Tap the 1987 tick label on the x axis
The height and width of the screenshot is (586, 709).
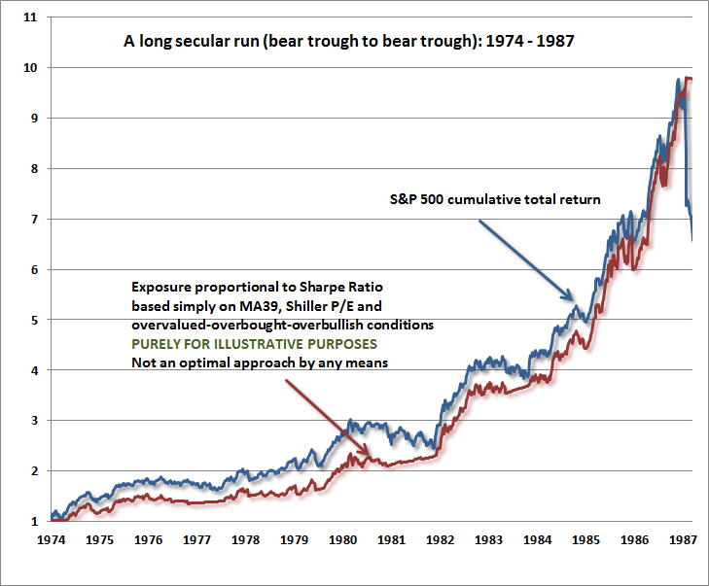[x=686, y=540]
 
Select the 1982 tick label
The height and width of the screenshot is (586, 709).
[x=441, y=540]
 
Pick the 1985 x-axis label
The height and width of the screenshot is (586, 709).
[x=587, y=540]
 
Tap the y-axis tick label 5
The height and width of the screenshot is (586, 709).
[x=31, y=320]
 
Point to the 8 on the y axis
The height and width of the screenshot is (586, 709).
[x=31, y=169]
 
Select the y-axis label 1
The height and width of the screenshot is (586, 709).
[x=31, y=522]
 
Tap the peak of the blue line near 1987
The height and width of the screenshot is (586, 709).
[x=678, y=80]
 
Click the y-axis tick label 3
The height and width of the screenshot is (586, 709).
[x=31, y=421]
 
